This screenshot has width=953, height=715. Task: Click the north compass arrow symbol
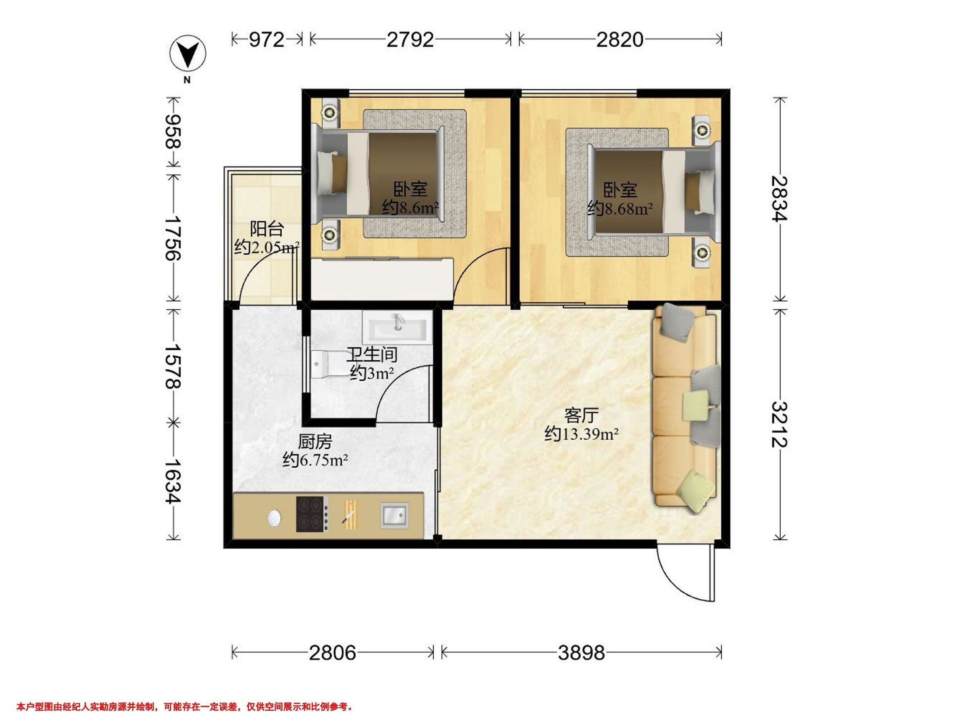[187, 54]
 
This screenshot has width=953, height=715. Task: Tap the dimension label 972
[267, 40]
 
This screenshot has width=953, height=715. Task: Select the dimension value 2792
[410, 40]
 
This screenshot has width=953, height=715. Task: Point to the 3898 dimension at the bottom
[582, 653]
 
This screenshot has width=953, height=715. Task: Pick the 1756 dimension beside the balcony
[173, 238]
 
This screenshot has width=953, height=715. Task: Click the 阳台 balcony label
[267, 229]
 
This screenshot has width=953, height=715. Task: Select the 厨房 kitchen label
[315, 442]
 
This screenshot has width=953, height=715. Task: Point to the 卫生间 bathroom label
[372, 355]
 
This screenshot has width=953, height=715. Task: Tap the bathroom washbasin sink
[397, 328]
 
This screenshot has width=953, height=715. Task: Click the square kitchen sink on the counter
[395, 515]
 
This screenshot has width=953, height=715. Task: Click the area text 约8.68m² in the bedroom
[620, 209]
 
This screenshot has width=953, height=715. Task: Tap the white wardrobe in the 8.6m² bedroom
[382, 279]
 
